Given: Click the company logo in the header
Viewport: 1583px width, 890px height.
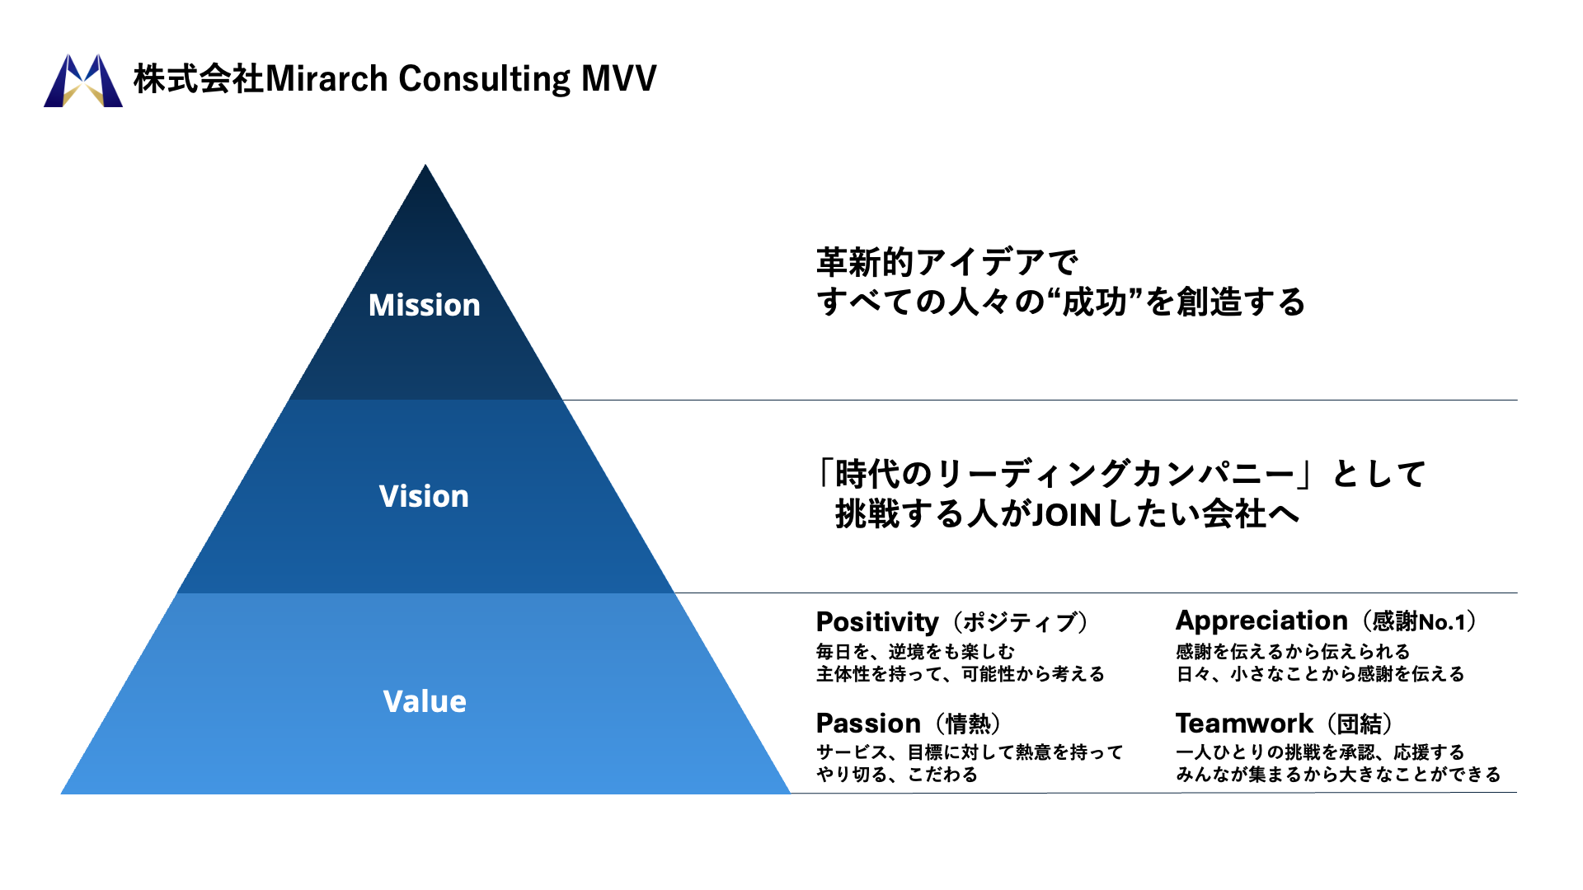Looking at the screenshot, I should click(83, 80).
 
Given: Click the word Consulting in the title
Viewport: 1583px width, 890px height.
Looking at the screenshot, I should click(485, 79).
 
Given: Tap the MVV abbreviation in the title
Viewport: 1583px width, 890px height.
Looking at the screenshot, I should click(618, 78).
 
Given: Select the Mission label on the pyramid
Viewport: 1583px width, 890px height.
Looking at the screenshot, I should click(424, 305).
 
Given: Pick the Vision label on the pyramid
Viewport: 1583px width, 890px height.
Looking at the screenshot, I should click(424, 496).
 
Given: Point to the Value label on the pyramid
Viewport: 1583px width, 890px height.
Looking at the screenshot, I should click(425, 701).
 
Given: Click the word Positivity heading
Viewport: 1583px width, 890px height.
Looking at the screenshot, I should click(877, 621).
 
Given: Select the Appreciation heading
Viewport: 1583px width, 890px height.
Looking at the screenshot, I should click(1261, 621).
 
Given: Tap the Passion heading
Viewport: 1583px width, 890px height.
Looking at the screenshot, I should click(867, 723).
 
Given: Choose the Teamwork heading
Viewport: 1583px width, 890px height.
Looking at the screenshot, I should click(1243, 723).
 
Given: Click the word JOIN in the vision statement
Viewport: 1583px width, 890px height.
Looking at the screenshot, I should click(1067, 515).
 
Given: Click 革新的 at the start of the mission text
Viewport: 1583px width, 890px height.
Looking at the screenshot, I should click(865, 262).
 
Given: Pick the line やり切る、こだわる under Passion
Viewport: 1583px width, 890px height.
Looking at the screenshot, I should click(896, 775).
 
